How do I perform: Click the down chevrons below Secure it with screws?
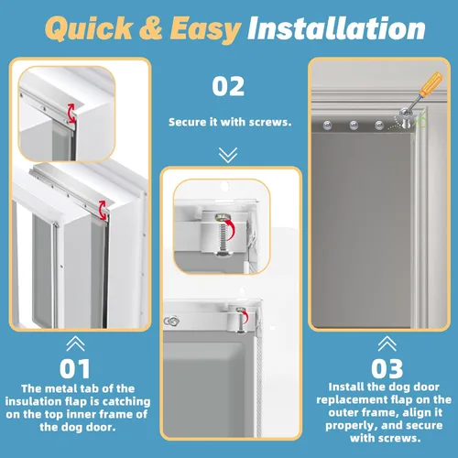229,152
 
